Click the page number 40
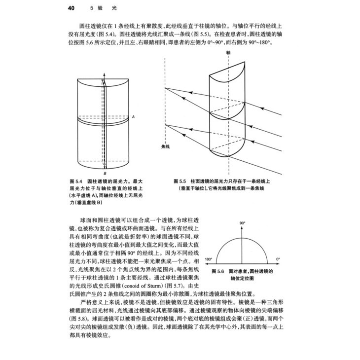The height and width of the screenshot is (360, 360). pyautogui.click(x=71, y=8)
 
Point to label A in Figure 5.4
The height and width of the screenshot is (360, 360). pyautogui.click(x=133, y=116)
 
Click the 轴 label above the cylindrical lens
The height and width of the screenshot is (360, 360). pyautogui.click(x=228, y=51)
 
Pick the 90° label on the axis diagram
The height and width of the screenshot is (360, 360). pyautogui.click(x=243, y=223)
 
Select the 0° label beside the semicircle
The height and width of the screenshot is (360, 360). pyautogui.click(x=278, y=259)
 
